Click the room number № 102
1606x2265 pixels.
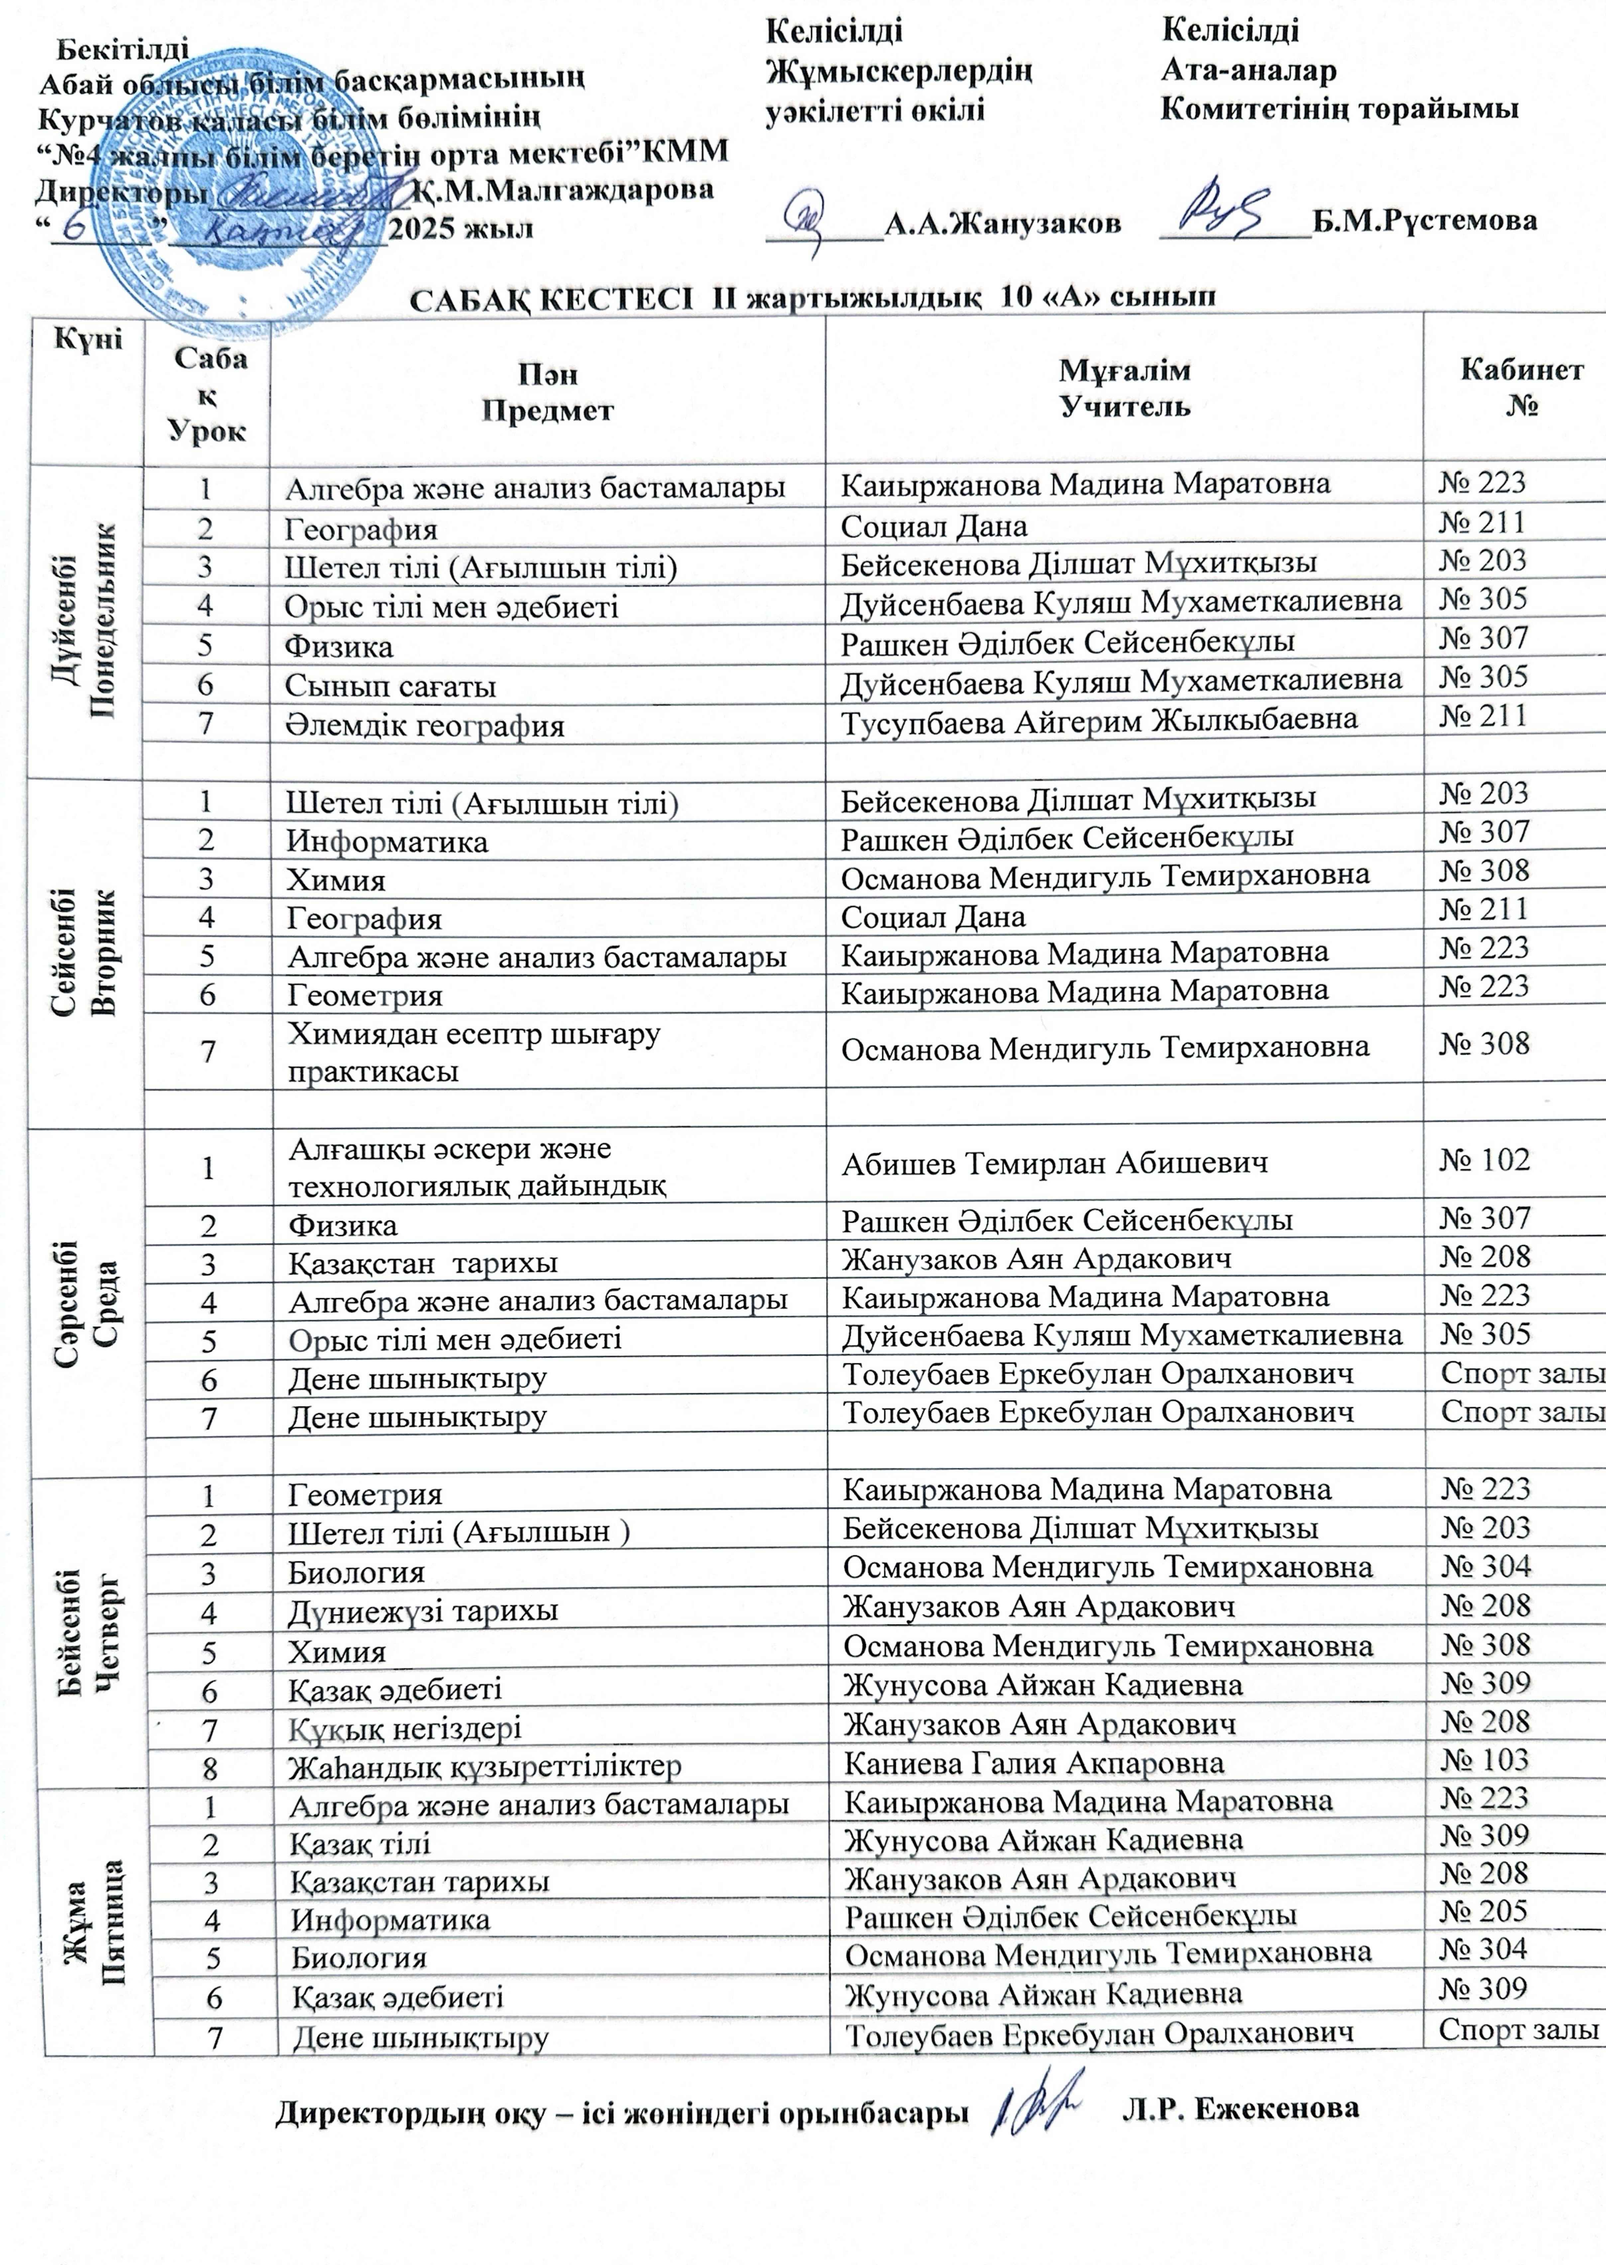[1484, 1160]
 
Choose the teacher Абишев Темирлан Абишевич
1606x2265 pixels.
[1054, 1164]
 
